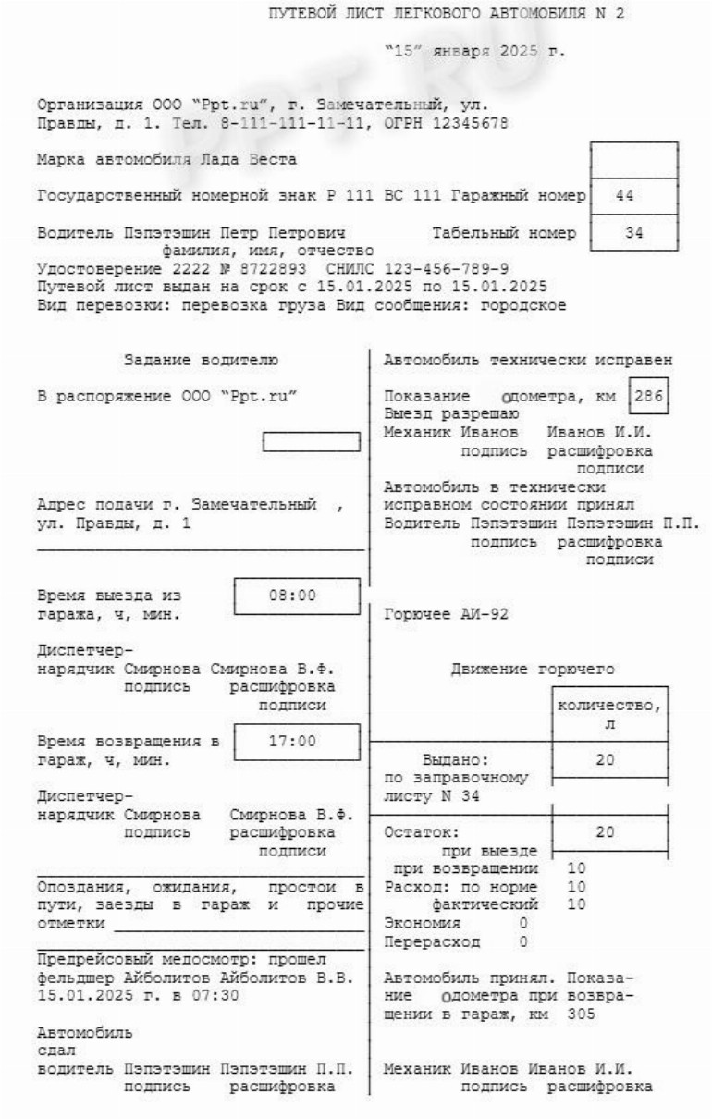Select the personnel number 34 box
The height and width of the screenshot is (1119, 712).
pyautogui.click(x=632, y=232)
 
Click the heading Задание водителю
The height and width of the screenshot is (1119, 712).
pyautogui.click(x=201, y=360)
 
